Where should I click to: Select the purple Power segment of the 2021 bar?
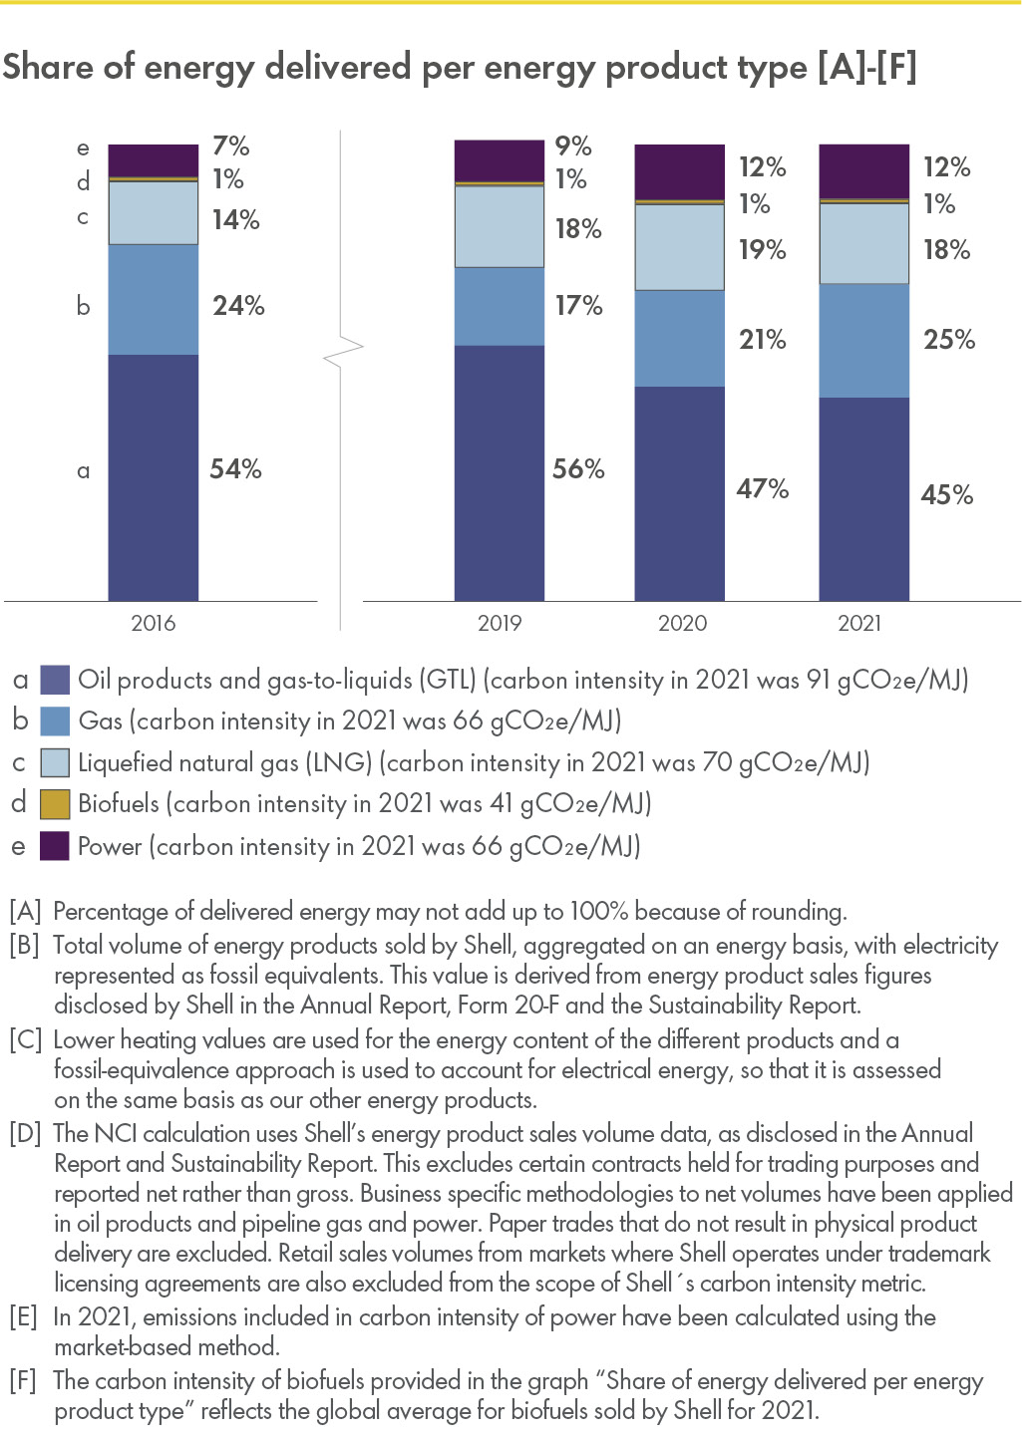pos(863,171)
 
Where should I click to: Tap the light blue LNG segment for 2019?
pos(499,226)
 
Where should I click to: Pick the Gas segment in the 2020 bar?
pos(679,338)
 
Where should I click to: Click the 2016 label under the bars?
pos(153,624)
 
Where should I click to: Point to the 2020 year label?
pos(682,624)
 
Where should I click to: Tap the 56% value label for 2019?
pos(578,469)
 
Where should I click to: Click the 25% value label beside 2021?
pos(948,340)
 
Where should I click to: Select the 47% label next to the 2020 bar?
pos(762,489)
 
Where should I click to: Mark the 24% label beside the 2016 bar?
pos(238,306)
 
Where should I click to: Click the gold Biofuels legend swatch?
pos(55,804)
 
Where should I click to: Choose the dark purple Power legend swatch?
pos(55,846)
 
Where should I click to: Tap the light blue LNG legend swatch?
pos(55,763)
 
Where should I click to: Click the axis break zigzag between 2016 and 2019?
pos(343,350)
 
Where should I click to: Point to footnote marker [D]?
pos(25,1133)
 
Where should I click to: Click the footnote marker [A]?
pos(25,911)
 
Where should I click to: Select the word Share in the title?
pos(48,68)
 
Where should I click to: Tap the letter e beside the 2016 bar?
pos(83,148)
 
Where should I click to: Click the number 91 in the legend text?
pos(818,681)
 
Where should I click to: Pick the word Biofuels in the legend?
pos(118,803)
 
